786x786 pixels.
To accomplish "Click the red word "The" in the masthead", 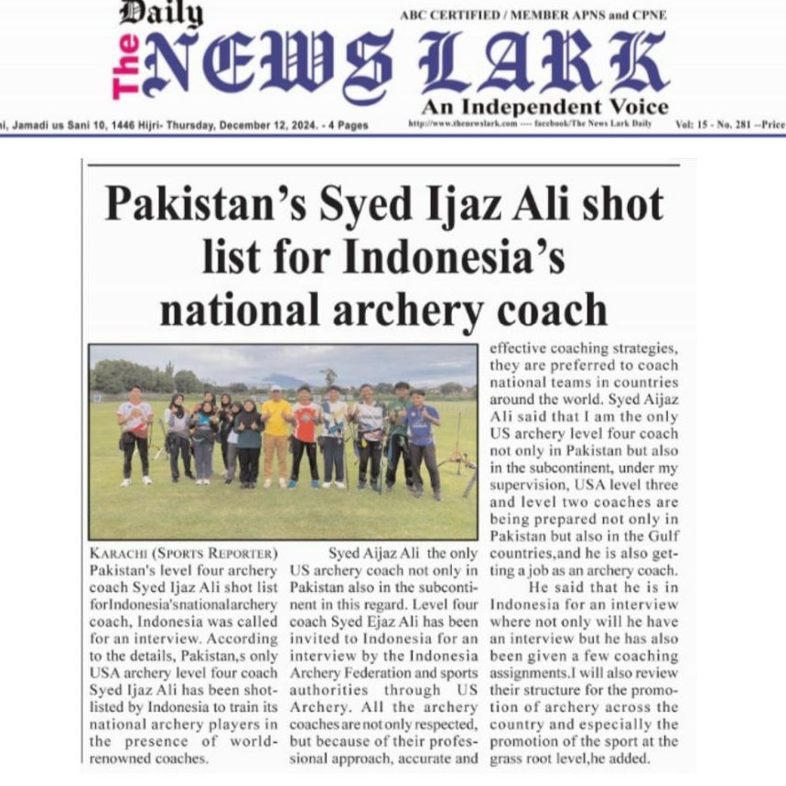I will tap(125, 65).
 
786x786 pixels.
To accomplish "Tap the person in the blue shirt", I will tap(421, 439).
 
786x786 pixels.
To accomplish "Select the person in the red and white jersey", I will tap(306, 436).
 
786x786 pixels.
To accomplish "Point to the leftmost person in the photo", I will tap(135, 436).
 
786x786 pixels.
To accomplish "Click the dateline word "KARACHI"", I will tap(118, 554).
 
